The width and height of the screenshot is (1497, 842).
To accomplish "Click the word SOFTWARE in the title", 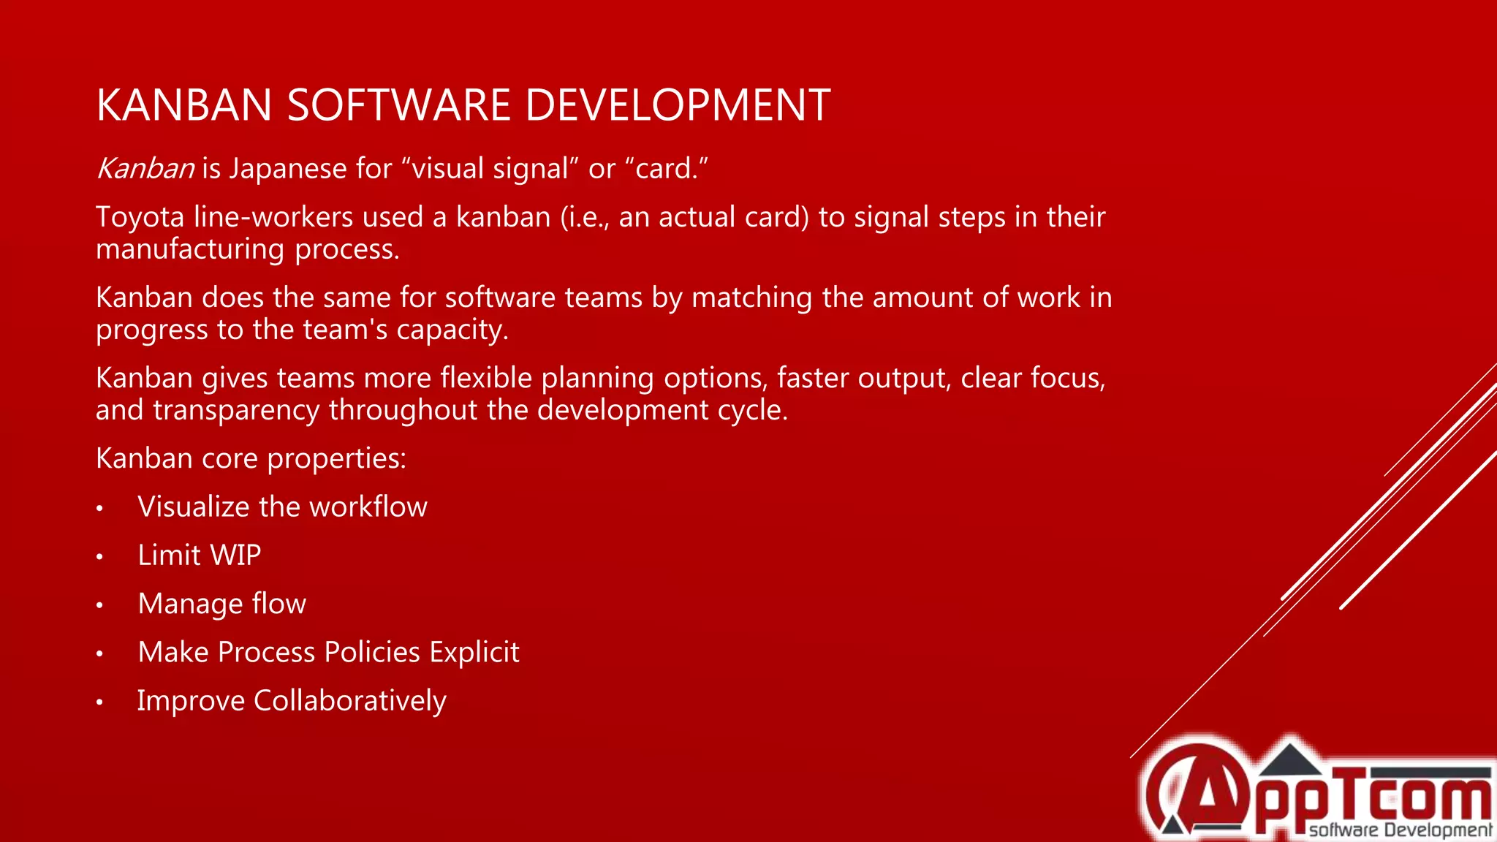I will coord(399,105).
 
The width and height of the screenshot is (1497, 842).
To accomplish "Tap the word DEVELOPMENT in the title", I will coord(678,105).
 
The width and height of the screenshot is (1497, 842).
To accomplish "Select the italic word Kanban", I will coord(145,169).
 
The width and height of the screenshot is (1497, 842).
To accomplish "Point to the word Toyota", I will coord(140,217).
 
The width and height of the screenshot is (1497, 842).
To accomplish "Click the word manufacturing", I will coord(190,250).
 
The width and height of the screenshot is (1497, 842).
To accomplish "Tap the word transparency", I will coord(236,410).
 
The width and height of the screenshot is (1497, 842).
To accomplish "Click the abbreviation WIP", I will coord(235,555).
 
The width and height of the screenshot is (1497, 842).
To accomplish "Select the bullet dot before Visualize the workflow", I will coord(99,508).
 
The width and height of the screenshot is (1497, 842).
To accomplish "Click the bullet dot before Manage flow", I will coord(99,605).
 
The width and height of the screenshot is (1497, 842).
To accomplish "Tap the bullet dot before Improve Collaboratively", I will coord(99,702).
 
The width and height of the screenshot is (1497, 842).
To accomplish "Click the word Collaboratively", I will coord(349,701).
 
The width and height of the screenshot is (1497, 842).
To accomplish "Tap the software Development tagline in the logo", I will coord(1400,830).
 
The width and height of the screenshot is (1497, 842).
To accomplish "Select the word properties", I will coord(336,459).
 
